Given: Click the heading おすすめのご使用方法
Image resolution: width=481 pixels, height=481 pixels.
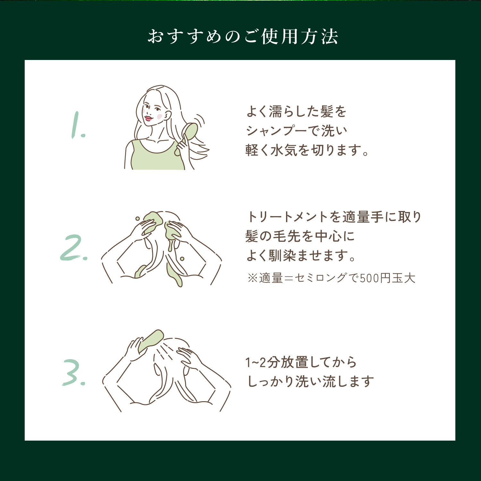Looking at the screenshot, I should click(243, 36).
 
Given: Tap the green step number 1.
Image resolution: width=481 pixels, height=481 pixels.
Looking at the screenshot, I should click(77, 125).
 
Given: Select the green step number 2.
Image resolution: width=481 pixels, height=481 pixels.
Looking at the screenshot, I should click(73, 248).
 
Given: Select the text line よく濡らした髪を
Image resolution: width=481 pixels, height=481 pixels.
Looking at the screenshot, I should click(296, 112).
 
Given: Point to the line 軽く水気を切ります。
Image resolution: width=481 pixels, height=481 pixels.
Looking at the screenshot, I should click(307, 150).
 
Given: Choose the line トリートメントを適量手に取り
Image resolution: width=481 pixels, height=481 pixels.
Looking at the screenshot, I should click(334, 217).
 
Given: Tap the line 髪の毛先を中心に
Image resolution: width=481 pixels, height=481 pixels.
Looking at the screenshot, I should click(300, 236).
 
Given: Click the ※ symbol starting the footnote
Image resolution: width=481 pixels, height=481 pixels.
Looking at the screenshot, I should click(252, 278).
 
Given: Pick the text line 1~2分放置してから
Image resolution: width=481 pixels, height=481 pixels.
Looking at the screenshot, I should click(301, 362).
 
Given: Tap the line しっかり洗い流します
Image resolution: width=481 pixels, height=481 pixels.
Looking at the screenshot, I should click(310, 382).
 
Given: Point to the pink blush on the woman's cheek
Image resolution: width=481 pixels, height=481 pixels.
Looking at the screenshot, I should click(159, 116).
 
